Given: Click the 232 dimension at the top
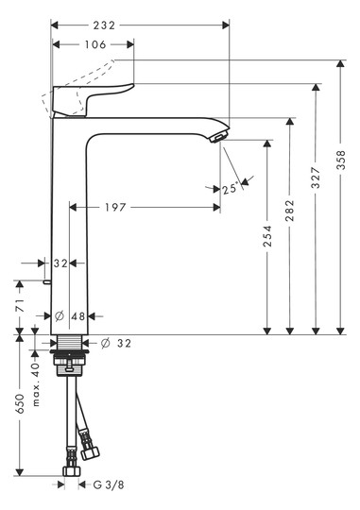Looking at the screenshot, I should tap(139, 26).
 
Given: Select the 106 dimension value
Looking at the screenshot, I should tap(93, 44).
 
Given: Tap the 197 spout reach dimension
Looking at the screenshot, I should tap(142, 207).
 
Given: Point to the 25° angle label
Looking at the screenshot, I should tap(229, 188).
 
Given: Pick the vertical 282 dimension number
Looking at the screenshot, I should tap(290, 211).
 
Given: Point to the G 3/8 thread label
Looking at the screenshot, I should tap(106, 485).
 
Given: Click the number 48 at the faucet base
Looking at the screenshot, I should tap(78, 316).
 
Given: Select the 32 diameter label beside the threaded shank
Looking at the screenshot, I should tap(123, 343).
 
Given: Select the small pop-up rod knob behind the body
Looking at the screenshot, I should tap(46, 281).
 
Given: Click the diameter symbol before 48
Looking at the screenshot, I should tap(59, 316).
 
